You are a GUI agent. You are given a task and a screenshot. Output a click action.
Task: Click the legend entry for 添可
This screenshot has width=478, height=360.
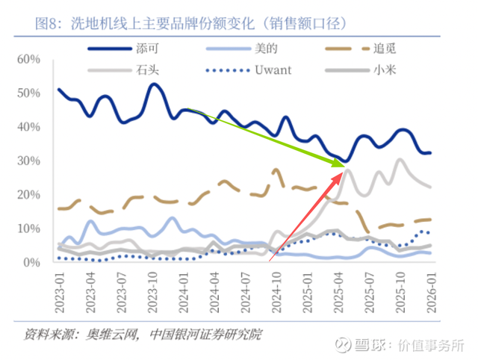click(x=147, y=49)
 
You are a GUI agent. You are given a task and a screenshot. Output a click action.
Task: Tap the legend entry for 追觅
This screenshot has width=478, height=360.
click(x=381, y=49)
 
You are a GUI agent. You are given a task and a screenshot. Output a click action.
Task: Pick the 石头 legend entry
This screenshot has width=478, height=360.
click(x=147, y=70)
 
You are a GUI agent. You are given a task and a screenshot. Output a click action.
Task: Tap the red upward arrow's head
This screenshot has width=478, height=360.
click(x=344, y=172)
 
